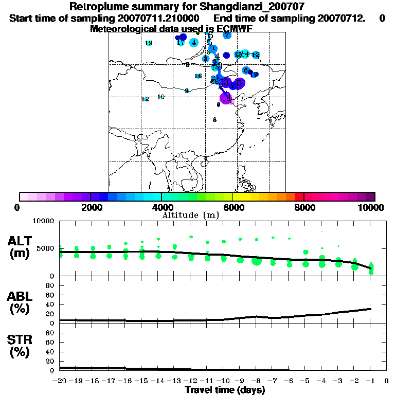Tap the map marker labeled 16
(x=198, y=76)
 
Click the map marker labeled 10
(x=160, y=97)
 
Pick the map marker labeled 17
(x=181, y=42)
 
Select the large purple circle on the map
(x=226, y=98)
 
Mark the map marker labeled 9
(x=187, y=91)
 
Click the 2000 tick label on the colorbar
(x=90, y=207)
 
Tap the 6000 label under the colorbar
(x=233, y=207)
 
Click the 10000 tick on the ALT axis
(x=44, y=221)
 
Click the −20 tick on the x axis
(x=60, y=381)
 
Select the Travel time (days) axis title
(x=225, y=390)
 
